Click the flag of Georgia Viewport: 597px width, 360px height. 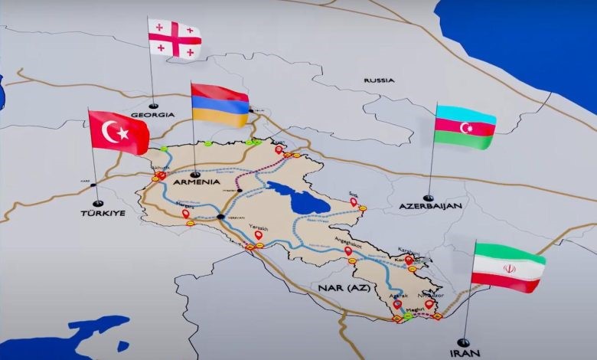pos(175,38)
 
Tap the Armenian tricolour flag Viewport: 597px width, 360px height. pos(220,104)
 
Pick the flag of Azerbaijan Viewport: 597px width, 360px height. pos(465,126)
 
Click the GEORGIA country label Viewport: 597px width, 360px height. pos(153,116)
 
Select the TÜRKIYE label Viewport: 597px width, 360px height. pos(103,212)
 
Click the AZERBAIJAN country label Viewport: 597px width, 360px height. pos(430,207)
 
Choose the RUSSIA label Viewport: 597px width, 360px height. pos(379,80)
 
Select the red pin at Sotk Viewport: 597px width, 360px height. pos(353,202)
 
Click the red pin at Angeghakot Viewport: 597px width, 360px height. pos(348,250)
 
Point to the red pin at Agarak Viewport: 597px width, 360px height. pos(397,305)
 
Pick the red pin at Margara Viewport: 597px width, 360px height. pos(186,214)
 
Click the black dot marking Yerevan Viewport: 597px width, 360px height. pos(220,218)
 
